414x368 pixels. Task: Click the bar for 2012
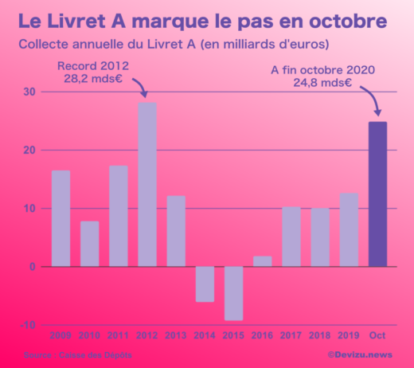[147, 184]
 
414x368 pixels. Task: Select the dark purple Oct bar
[377, 194]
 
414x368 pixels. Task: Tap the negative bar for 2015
[233, 293]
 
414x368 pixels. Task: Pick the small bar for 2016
[262, 261]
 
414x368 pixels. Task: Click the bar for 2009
[61, 218]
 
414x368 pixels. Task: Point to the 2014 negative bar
[205, 284]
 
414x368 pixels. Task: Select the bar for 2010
[89, 244]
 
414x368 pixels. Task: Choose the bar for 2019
[349, 229]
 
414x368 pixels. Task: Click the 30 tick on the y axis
[29, 92]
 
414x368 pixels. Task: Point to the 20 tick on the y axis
[29, 150]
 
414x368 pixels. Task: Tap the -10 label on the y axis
[27, 325]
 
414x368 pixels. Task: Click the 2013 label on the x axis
[176, 336]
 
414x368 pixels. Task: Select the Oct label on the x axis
[377, 336]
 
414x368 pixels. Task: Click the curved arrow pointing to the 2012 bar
[139, 84]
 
